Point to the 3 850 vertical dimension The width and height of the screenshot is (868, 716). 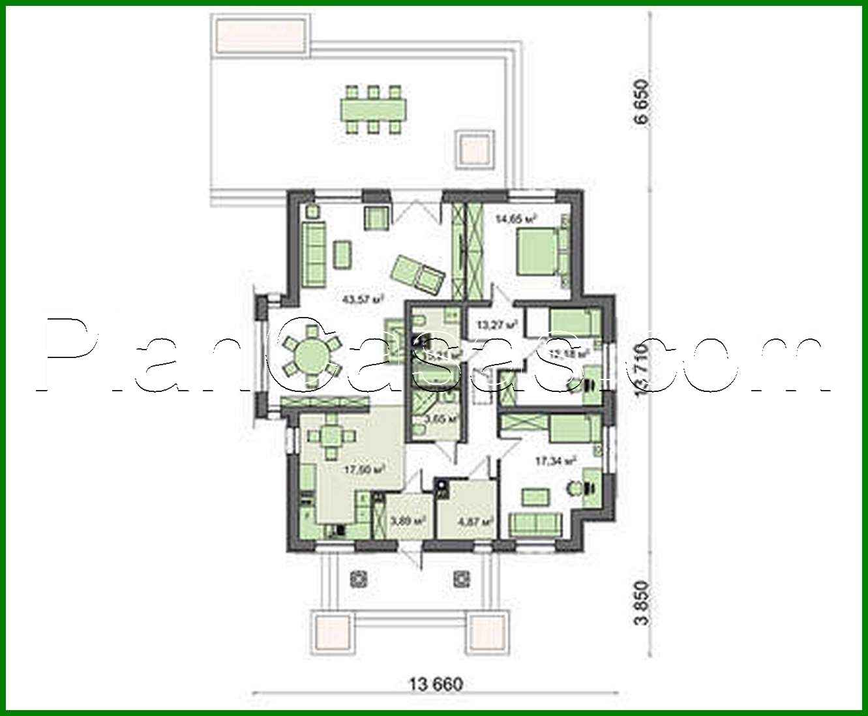tap(644, 603)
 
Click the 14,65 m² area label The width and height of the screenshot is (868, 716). tap(515, 219)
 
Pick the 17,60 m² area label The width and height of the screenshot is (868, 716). tap(365, 468)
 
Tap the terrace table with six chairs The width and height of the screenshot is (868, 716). tap(373, 109)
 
